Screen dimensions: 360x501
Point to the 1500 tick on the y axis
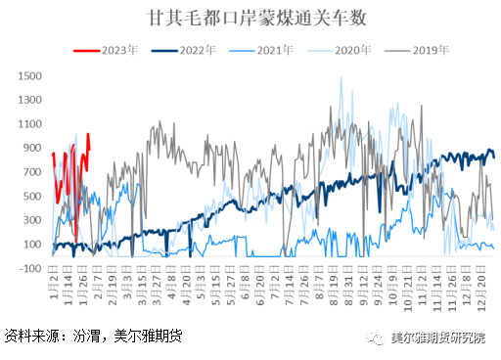[29, 75]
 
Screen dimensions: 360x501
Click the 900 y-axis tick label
[32, 148]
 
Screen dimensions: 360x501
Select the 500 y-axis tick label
[32, 196]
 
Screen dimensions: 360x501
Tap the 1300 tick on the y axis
[29, 100]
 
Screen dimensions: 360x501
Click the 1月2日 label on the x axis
[53, 289]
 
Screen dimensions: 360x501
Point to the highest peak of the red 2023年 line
[89, 134]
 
